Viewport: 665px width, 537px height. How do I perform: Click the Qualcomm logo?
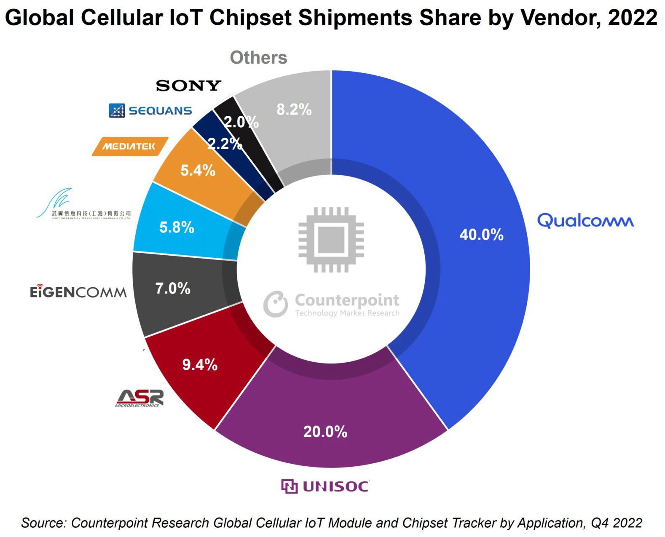(x=585, y=221)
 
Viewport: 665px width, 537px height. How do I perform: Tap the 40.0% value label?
(x=481, y=235)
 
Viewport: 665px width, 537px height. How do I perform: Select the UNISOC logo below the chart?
(x=325, y=486)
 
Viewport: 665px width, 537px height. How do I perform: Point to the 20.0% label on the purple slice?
(x=325, y=432)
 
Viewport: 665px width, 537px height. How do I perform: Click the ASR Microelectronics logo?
(x=139, y=398)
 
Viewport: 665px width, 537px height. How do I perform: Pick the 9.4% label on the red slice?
(x=200, y=365)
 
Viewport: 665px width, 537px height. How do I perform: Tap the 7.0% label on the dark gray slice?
(x=173, y=289)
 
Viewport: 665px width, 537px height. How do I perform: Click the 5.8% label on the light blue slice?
(x=177, y=227)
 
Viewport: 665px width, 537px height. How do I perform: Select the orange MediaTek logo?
(x=130, y=147)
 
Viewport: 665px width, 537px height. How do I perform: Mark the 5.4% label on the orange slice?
(x=198, y=171)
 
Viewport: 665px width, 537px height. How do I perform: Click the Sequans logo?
(x=150, y=110)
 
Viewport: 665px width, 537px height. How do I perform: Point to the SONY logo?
(x=188, y=86)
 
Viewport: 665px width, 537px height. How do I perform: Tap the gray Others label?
(x=258, y=58)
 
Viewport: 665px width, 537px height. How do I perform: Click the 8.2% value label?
(x=294, y=110)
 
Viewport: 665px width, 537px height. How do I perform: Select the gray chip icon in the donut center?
(x=331, y=240)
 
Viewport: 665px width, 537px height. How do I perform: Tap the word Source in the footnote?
(x=43, y=523)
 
